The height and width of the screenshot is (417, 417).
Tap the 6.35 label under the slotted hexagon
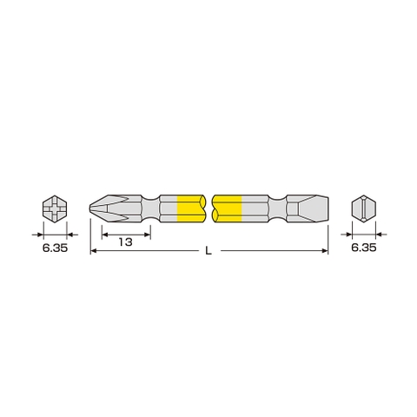[x=365, y=248]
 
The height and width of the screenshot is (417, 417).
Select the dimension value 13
[x=126, y=242]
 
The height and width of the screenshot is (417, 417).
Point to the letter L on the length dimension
[x=208, y=252]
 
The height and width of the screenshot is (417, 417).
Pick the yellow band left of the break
[x=190, y=209]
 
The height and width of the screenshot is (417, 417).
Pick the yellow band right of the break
[x=227, y=209]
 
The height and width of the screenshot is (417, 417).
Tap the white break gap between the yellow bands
[x=208, y=209]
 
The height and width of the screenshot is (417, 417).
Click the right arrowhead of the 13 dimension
[x=148, y=232]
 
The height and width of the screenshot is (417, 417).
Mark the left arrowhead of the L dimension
[x=94, y=252]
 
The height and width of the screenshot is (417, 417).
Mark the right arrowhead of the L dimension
[x=325, y=252]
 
